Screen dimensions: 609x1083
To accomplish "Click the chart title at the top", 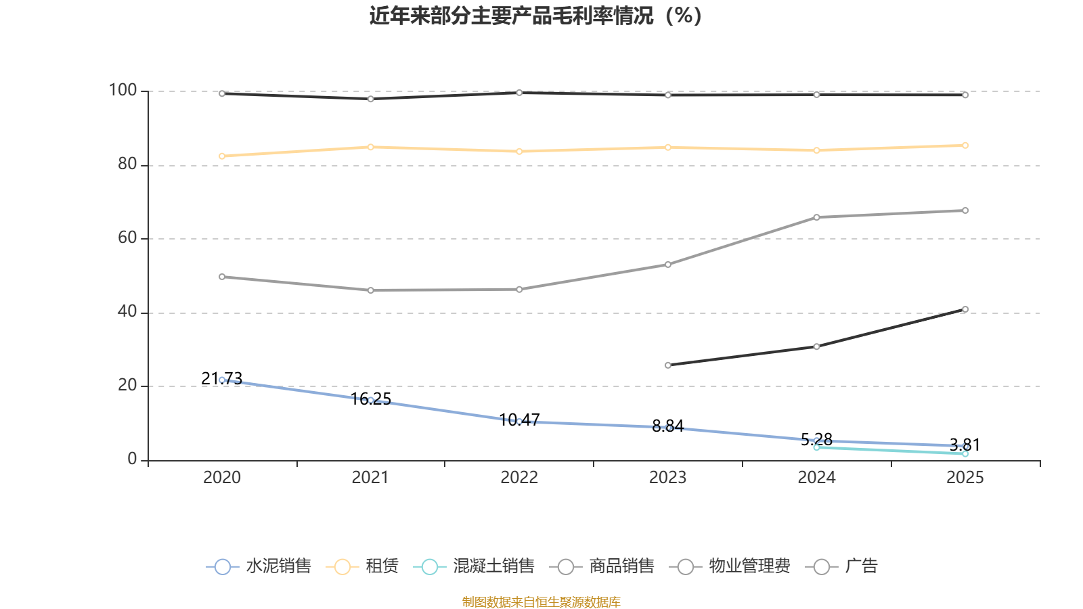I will [x=535, y=16].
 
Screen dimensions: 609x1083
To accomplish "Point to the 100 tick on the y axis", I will [x=123, y=91].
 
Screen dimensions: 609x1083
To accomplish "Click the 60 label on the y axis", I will [x=127, y=238].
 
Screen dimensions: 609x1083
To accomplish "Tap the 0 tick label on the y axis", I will [x=132, y=459].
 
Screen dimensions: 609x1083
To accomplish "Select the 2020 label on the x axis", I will [x=222, y=478].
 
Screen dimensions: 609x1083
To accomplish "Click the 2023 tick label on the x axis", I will [x=667, y=478].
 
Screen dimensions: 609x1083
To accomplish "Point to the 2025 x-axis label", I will [x=965, y=478].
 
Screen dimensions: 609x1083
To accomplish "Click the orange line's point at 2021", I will [x=370, y=147].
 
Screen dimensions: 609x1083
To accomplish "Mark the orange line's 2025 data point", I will [x=965, y=145].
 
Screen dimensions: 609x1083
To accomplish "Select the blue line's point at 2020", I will [x=222, y=380].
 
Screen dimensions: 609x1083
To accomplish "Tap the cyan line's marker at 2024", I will [x=816, y=447].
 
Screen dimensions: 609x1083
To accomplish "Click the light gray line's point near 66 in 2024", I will [x=816, y=217].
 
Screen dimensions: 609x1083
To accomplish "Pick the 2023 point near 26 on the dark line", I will [x=668, y=365].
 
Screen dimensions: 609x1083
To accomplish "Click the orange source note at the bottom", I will [x=541, y=602].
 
